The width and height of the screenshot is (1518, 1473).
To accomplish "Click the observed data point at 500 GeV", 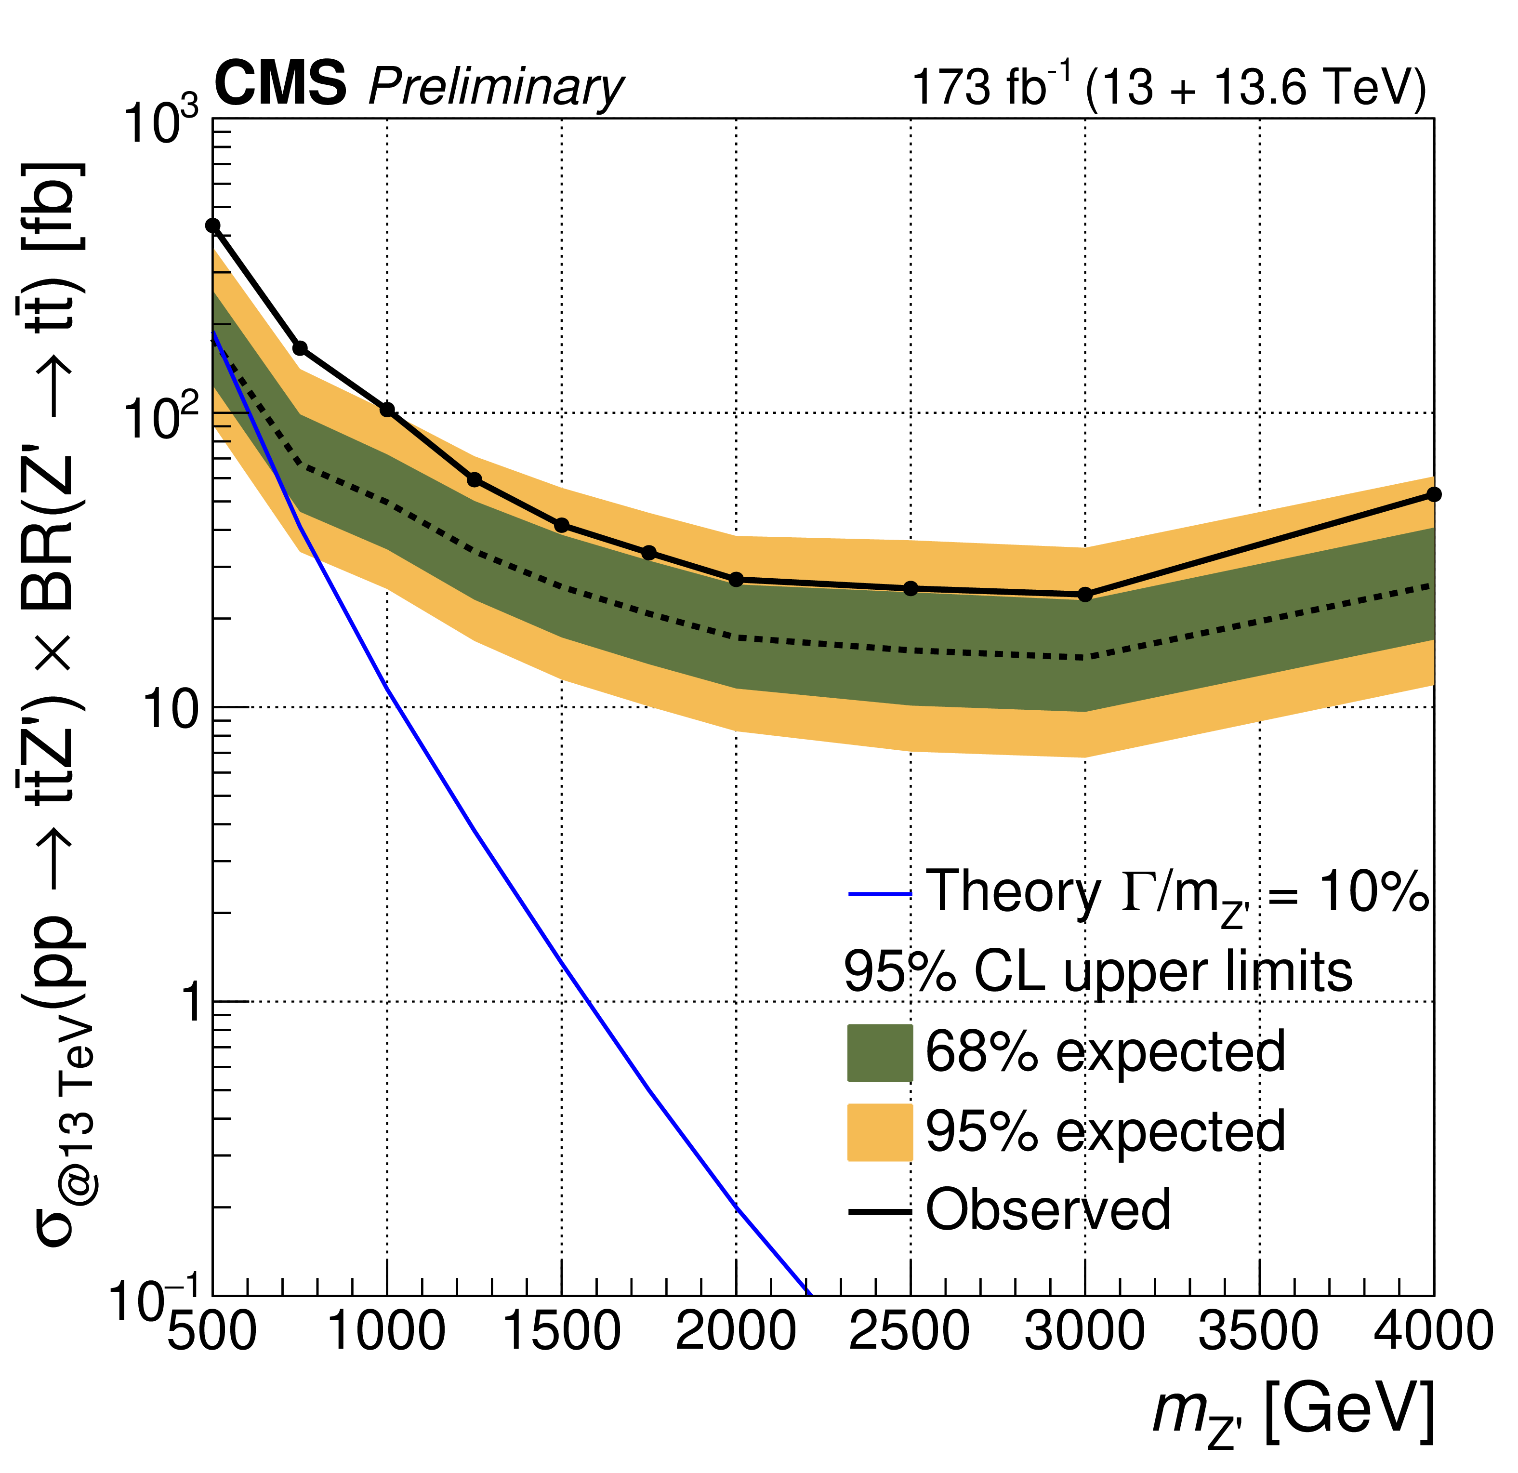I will click(213, 226).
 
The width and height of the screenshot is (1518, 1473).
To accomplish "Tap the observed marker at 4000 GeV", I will click(1434, 494).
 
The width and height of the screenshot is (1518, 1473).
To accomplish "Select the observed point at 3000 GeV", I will click(1085, 595).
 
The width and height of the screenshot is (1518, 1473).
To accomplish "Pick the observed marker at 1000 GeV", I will click(387, 410).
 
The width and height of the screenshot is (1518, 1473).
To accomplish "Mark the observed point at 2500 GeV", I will click(911, 589).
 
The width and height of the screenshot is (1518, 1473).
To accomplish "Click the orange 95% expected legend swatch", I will click(880, 1132).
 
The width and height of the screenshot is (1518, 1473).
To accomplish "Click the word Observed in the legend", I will click(1047, 1210).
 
